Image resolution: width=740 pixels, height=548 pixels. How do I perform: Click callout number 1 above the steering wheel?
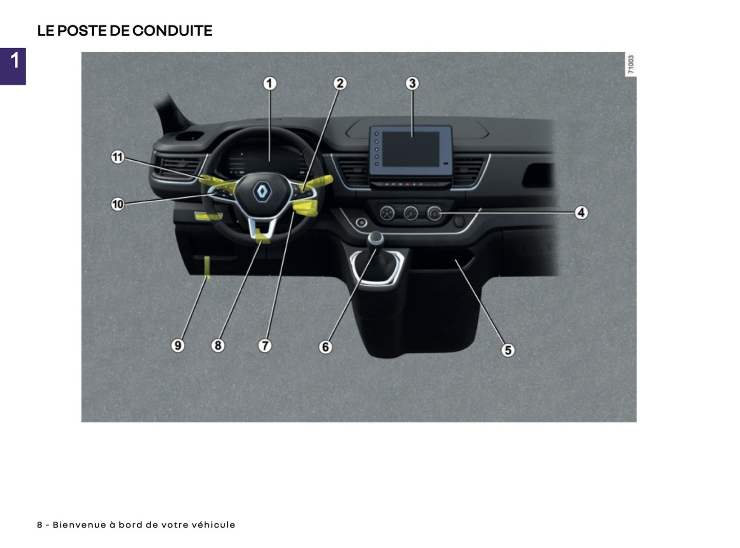click(x=269, y=83)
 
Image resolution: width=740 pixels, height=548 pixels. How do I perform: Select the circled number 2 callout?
click(x=340, y=83)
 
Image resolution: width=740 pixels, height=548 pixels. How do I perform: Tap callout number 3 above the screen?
click(x=412, y=83)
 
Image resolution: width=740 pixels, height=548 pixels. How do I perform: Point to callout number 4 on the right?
click(x=581, y=212)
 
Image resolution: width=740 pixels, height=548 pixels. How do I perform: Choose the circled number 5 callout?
click(x=508, y=350)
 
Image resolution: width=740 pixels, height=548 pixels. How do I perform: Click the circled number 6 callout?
click(x=325, y=347)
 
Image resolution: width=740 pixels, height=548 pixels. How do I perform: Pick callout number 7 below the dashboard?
click(x=264, y=346)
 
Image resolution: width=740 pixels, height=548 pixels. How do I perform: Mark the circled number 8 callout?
click(x=218, y=346)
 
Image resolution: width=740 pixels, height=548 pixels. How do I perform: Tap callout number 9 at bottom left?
click(x=177, y=346)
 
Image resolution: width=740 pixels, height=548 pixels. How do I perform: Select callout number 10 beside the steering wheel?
click(x=118, y=204)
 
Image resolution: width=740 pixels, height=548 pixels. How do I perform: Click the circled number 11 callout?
click(x=118, y=157)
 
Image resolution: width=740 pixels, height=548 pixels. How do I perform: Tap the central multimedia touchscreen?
click(x=411, y=149)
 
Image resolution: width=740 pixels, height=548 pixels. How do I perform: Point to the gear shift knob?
click(x=376, y=238)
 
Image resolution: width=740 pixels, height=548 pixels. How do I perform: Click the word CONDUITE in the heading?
click(x=172, y=31)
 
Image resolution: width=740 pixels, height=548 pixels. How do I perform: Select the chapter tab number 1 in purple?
click(x=14, y=61)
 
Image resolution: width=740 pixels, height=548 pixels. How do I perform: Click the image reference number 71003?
click(x=631, y=65)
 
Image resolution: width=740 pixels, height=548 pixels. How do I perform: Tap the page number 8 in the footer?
click(x=39, y=525)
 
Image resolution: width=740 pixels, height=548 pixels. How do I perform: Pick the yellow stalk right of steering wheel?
click(x=321, y=182)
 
